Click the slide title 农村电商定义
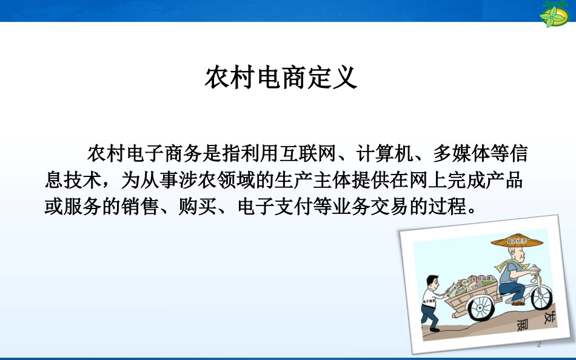click(281, 78)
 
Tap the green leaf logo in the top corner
click(555, 14)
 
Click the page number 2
click(538, 345)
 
